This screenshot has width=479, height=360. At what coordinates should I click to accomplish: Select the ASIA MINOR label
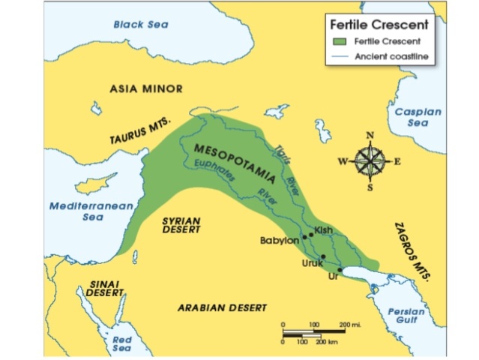pos(146,88)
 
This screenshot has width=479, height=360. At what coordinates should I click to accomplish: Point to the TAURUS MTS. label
pos(142,130)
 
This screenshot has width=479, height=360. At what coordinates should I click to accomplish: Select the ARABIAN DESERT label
pos(222,308)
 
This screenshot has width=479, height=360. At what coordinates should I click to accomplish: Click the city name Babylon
pos(278,241)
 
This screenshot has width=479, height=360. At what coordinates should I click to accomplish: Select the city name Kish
pos(323,229)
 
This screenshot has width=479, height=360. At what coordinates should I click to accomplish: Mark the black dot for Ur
pos(340,269)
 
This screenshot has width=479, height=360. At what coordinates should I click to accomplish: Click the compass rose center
pos(369,160)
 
